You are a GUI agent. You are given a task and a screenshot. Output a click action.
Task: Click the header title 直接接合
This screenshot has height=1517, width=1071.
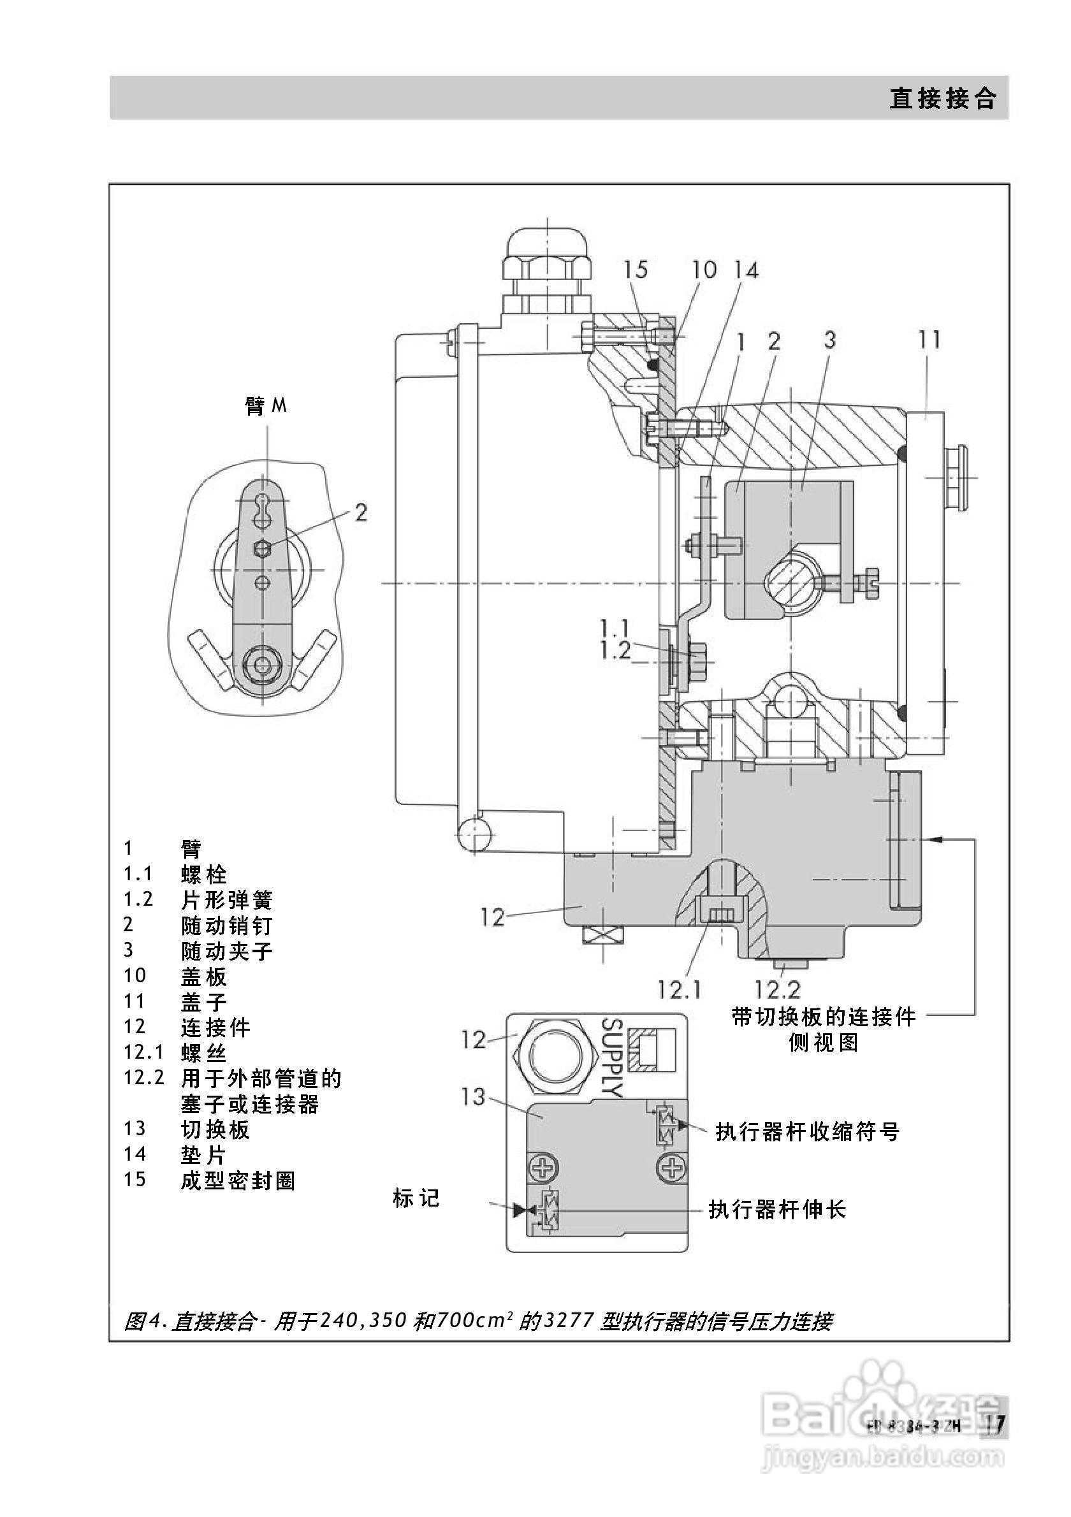[942, 98]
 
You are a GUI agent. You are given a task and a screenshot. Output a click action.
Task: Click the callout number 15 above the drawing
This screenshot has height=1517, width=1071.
[636, 269]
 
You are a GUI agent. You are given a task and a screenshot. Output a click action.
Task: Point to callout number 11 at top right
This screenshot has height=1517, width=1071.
[929, 340]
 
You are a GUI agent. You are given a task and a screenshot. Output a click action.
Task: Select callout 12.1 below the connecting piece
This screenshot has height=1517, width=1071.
[679, 990]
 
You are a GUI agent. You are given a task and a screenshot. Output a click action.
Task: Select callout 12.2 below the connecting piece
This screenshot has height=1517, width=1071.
[778, 990]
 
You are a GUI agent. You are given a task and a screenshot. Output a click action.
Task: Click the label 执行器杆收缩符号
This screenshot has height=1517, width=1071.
[807, 1132]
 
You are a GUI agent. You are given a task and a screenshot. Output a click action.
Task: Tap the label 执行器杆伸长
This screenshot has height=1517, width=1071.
[777, 1210]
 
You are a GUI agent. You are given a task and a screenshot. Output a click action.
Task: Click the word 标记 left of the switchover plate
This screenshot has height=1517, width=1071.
[416, 1198]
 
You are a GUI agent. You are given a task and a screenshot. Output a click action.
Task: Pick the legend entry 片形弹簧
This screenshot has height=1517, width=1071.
[226, 900]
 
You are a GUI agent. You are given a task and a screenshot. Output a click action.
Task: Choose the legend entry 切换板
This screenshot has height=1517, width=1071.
[215, 1129]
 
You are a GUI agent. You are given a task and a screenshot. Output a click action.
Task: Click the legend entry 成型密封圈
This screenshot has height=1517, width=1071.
[238, 1180]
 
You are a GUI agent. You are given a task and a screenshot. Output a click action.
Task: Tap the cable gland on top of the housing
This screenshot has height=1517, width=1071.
[547, 265]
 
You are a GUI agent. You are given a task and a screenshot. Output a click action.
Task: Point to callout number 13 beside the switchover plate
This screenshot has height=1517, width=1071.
[473, 1098]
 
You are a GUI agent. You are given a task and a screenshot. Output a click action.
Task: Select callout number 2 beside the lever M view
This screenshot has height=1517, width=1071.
[360, 512]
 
